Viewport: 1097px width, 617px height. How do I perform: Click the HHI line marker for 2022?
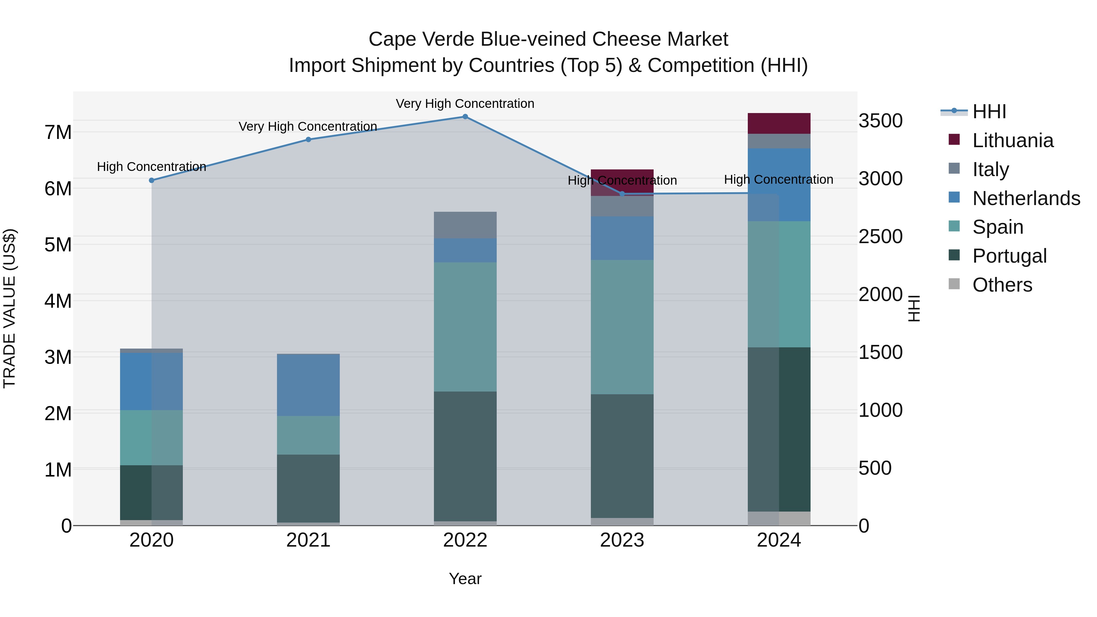pyautogui.click(x=465, y=117)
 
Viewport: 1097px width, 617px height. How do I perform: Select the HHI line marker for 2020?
pyautogui.click(x=152, y=180)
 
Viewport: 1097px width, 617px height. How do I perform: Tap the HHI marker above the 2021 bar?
pyautogui.click(x=308, y=139)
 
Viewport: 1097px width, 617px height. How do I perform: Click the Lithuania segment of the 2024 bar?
pyautogui.click(x=779, y=123)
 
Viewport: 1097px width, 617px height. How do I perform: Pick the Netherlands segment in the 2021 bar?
pyautogui.click(x=308, y=385)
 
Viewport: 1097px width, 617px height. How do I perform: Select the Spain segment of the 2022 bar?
pyautogui.click(x=465, y=327)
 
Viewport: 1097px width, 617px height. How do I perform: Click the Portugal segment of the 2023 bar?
pyautogui.click(x=622, y=456)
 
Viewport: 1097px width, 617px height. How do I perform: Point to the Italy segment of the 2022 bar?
pyautogui.click(x=465, y=225)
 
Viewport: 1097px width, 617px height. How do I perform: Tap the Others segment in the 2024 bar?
pyautogui.click(x=779, y=518)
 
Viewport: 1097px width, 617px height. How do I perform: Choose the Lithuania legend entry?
pyautogui.click(x=1012, y=140)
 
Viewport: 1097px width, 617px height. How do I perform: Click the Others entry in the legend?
pyautogui.click(x=1002, y=285)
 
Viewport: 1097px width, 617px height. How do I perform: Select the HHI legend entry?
pyautogui.click(x=989, y=112)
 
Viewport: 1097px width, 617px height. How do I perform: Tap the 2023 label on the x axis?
pyautogui.click(x=622, y=540)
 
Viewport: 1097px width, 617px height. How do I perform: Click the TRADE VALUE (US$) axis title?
pyautogui.click(x=9, y=308)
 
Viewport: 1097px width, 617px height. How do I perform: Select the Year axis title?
pyautogui.click(x=465, y=579)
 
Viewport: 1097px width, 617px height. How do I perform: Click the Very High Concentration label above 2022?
pyautogui.click(x=465, y=104)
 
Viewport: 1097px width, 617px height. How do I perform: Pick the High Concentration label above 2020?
pyautogui.click(x=152, y=166)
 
